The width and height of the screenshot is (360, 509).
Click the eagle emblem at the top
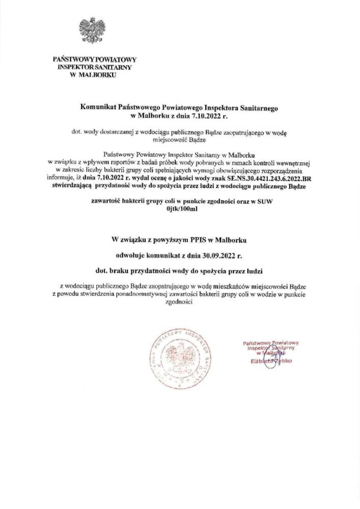pyautogui.click(x=92, y=30)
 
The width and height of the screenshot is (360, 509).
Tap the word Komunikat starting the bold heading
pyautogui.click(x=98, y=108)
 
